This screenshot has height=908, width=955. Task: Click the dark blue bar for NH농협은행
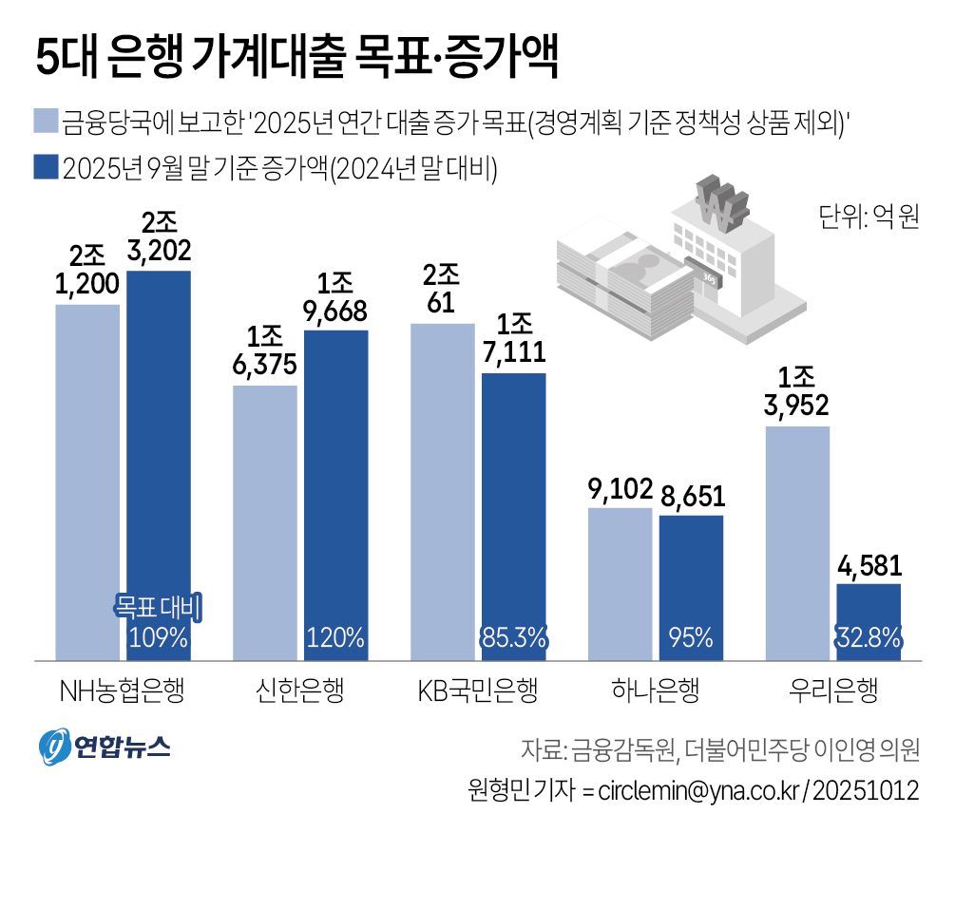[159, 456]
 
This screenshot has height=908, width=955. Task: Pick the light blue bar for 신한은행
[265, 522]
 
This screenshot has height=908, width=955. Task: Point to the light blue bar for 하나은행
[620, 584]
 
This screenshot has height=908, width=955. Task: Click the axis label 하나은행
[656, 690]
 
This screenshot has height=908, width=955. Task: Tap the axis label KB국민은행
[478, 690]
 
